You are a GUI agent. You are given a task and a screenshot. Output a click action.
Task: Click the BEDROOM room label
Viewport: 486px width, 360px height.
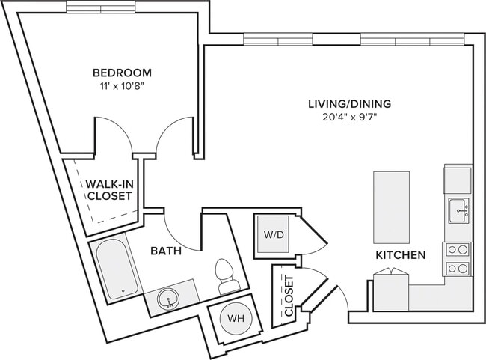pyautogui.click(x=122, y=73)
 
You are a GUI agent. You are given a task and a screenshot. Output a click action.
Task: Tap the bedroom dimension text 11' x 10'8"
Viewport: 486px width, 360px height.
pyautogui.click(x=123, y=86)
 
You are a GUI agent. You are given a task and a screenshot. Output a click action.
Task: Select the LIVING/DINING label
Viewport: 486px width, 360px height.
pyautogui.click(x=350, y=103)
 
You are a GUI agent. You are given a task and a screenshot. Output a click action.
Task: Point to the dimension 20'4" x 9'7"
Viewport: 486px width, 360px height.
pyautogui.click(x=350, y=117)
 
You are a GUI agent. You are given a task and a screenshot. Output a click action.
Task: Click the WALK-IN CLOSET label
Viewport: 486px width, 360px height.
pyautogui.click(x=109, y=190)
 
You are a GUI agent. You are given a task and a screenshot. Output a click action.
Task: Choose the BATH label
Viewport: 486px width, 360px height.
pyautogui.click(x=166, y=251)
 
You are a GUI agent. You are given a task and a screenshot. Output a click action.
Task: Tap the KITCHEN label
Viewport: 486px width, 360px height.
pyautogui.click(x=401, y=255)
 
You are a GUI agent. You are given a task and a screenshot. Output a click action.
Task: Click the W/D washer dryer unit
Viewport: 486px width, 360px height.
pyautogui.click(x=274, y=234)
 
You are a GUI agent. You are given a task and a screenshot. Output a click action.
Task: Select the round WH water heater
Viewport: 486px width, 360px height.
pyautogui.click(x=236, y=318)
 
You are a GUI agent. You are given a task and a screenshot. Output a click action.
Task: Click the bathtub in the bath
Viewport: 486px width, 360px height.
pyautogui.click(x=117, y=269)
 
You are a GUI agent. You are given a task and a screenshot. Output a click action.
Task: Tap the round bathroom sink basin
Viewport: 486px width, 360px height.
pyautogui.click(x=168, y=299)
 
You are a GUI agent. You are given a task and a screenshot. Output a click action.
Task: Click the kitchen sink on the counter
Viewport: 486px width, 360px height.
pyautogui.click(x=458, y=211)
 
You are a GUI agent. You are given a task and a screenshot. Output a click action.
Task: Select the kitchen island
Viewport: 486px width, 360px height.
pyautogui.click(x=392, y=207)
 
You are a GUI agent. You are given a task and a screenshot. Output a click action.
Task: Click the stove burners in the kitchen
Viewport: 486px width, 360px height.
pyautogui.click(x=458, y=259)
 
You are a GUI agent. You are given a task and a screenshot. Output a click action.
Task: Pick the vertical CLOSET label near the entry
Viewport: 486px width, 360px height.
pyautogui.click(x=289, y=296)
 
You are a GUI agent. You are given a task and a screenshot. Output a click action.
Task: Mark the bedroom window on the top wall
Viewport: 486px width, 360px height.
pyautogui.click(x=101, y=7)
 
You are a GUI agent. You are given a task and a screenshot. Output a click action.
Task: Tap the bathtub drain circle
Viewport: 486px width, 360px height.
pyautogui.click(x=123, y=291)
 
